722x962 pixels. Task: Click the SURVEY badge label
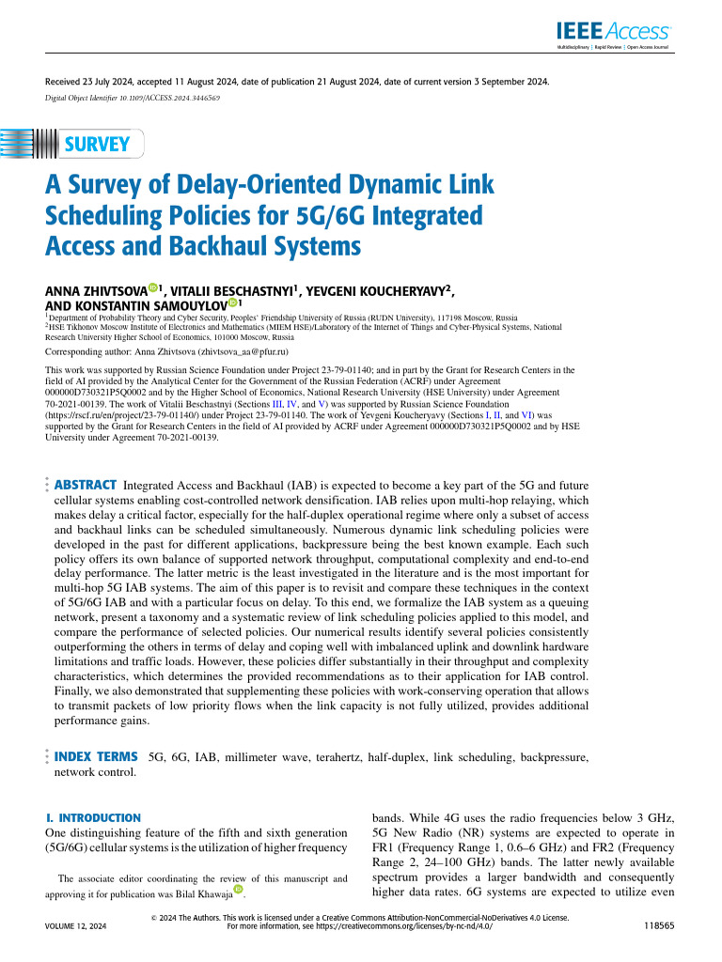(x=97, y=145)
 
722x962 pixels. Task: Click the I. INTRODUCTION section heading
(x=93, y=818)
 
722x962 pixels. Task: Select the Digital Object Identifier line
(x=133, y=98)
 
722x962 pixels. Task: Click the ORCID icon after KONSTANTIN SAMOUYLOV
(x=232, y=303)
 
